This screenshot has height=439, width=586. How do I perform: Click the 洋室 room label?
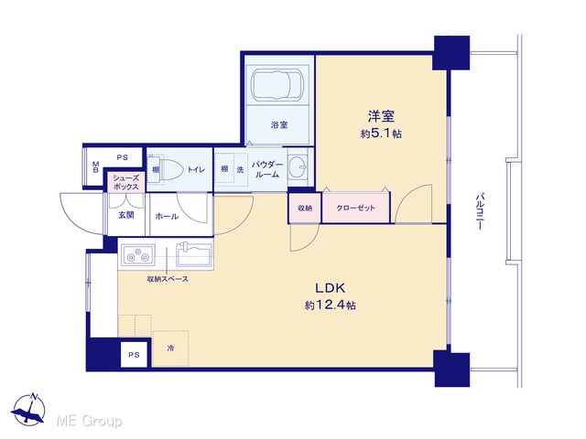[x=381, y=116]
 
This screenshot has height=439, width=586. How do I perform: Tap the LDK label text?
[x=330, y=288]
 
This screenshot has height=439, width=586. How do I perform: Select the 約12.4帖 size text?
[x=330, y=305]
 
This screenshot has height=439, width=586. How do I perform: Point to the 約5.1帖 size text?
[x=381, y=134]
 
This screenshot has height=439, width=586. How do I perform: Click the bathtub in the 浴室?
[x=277, y=84]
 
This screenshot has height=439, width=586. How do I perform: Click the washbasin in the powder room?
[x=298, y=166]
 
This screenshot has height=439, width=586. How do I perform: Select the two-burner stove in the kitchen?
[x=137, y=254]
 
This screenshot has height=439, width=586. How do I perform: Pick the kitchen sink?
[x=194, y=254]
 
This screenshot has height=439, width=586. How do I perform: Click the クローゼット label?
[x=355, y=208]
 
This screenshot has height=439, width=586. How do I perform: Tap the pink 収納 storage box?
[x=305, y=208]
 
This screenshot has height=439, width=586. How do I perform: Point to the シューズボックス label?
[x=125, y=182]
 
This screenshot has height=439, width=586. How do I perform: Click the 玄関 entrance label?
[x=126, y=215]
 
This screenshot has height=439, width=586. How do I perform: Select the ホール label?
[x=167, y=216]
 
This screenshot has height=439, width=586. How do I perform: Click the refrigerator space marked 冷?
[x=170, y=348]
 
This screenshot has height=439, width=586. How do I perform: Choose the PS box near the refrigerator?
[x=134, y=354]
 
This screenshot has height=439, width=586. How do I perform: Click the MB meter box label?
[x=95, y=166]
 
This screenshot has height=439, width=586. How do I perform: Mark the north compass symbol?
[x=28, y=409]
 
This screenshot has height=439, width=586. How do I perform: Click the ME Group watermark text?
[x=89, y=421]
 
